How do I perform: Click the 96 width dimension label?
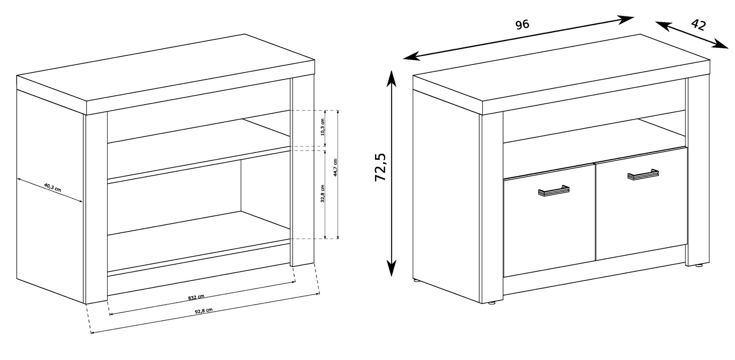coord(522,24)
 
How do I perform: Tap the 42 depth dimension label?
coord(698,25)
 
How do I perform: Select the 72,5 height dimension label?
coord(380,167)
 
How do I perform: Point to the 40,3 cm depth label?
coord(52,187)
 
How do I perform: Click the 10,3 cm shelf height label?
coord(322,127)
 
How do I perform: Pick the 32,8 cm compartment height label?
coord(322,194)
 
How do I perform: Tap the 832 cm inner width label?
coord(196,298)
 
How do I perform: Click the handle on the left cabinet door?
coord(553,190)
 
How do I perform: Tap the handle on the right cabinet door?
coord(643,174)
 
